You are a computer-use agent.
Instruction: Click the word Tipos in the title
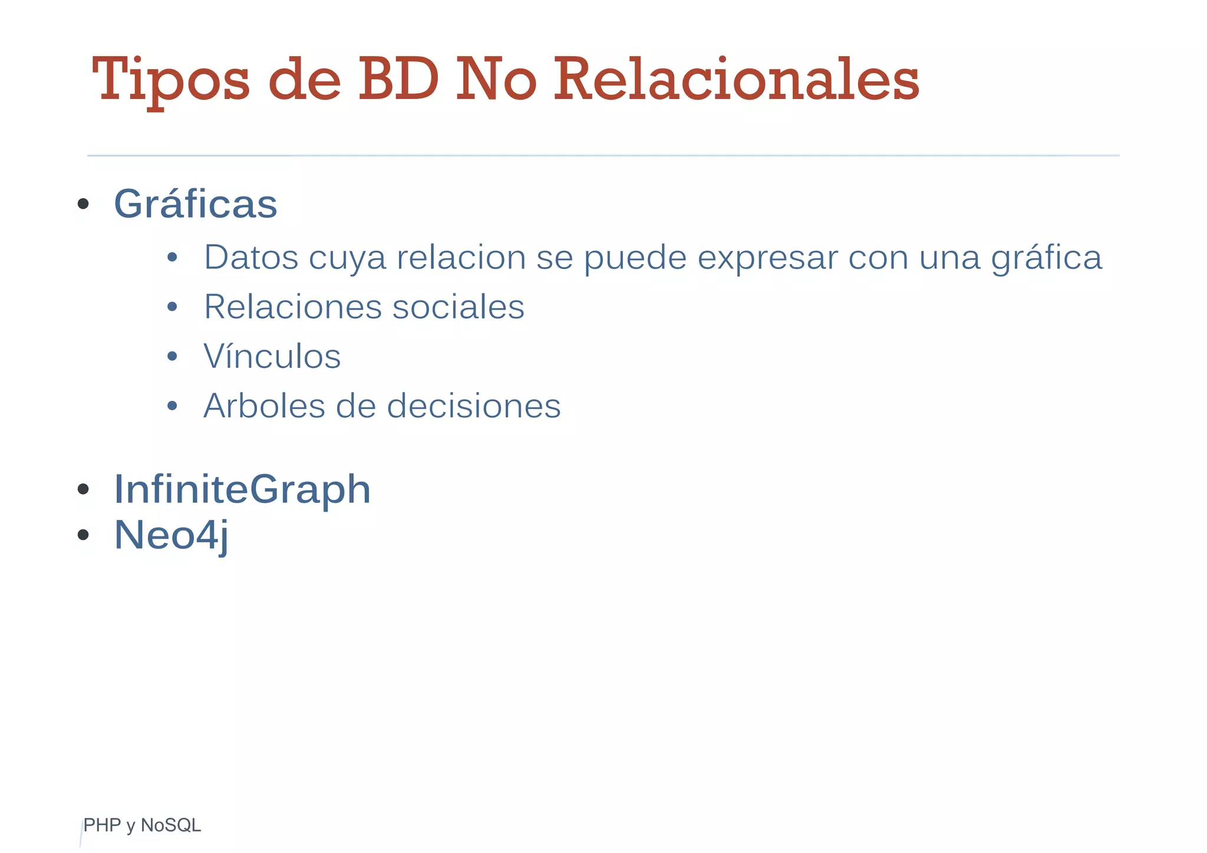point(171,80)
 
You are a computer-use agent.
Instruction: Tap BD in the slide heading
point(398,80)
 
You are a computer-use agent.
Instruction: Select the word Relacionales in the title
point(736,80)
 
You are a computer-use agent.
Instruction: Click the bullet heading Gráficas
point(195,204)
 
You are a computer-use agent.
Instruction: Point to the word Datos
point(251,258)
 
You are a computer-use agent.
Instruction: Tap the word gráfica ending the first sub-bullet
point(1046,258)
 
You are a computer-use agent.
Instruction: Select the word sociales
point(458,307)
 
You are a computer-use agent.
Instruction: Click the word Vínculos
point(272,357)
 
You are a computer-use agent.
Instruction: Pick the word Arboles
point(264,406)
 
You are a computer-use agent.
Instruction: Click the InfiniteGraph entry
point(242,489)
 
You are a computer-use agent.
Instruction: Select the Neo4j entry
point(171,535)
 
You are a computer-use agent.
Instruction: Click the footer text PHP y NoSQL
point(142,825)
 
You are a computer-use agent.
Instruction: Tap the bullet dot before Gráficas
point(83,205)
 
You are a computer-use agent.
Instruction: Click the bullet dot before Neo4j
point(83,535)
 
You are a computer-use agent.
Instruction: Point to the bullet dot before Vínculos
point(172,357)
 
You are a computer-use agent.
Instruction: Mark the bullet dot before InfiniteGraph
point(83,489)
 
